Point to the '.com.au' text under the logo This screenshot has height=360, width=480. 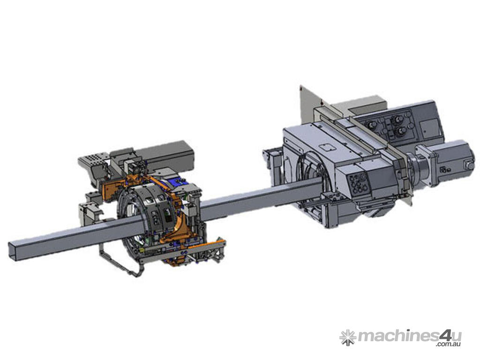click(449, 345)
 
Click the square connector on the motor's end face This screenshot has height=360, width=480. click(469, 165)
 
